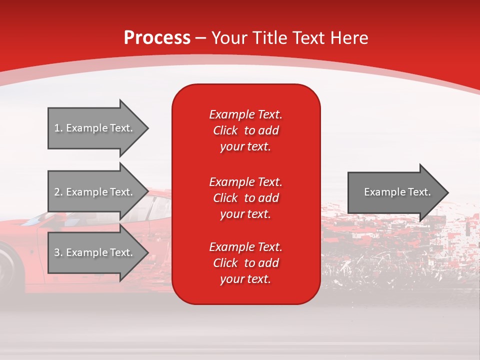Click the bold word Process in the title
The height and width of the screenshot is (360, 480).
(157, 38)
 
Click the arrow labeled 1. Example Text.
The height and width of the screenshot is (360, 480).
(95, 128)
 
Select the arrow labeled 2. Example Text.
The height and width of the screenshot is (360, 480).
(95, 192)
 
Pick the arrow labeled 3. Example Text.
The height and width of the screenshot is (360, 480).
(95, 252)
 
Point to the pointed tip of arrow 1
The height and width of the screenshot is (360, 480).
(147, 128)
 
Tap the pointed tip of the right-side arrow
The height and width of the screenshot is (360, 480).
(447, 192)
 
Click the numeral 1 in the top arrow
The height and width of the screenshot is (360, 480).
(57, 128)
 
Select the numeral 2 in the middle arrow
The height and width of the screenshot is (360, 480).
(57, 192)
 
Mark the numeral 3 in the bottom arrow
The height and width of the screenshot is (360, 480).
(57, 252)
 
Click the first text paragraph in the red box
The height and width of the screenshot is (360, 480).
(245, 130)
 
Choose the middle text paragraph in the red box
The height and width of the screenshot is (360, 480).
(245, 198)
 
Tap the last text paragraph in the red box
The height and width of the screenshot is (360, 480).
(245, 263)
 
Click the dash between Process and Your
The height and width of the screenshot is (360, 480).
(201, 38)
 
